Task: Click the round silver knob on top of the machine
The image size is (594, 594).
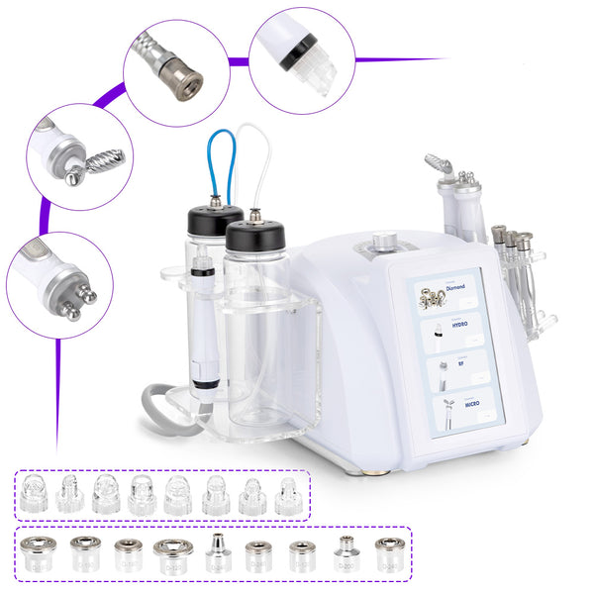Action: click(x=384, y=241)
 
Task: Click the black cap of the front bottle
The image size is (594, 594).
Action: click(x=255, y=235)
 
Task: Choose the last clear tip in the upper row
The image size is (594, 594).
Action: click(x=288, y=494)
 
